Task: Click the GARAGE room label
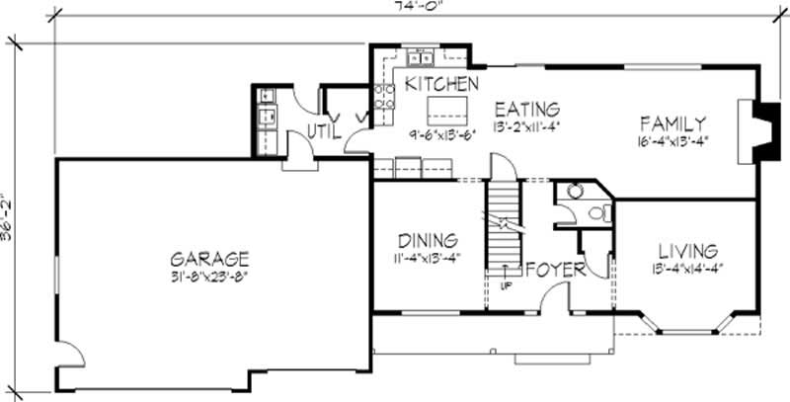206,259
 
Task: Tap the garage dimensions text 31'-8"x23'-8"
206,278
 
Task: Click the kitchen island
444,107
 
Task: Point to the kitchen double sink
422,56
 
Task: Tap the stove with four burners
384,96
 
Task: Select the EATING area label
527,109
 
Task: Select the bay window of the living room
685,322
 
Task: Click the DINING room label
427,241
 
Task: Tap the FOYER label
556,269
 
